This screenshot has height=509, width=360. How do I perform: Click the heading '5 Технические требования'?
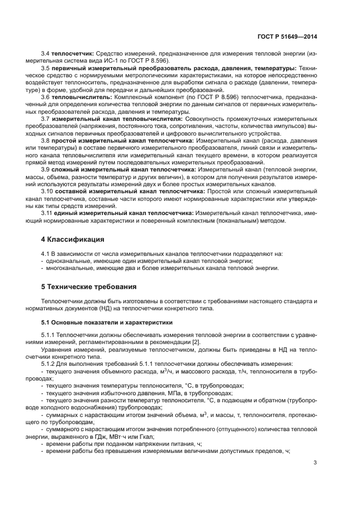tap(89, 286)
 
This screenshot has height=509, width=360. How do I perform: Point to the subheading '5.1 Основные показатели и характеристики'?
tap(103, 322)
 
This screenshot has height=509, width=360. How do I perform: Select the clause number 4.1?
tap(46, 254)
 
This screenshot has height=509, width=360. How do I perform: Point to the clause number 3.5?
tap(46, 68)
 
